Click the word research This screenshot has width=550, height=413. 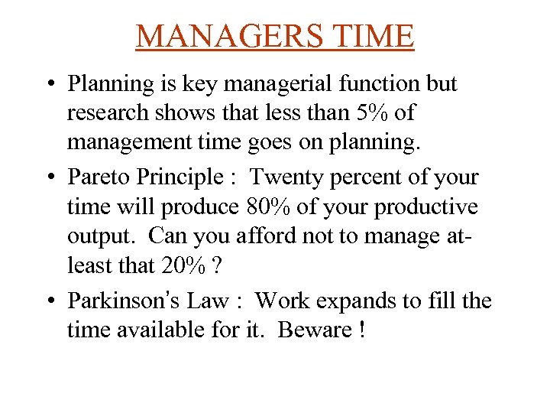pos(105,112)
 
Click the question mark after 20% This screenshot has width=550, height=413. pos(219,266)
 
